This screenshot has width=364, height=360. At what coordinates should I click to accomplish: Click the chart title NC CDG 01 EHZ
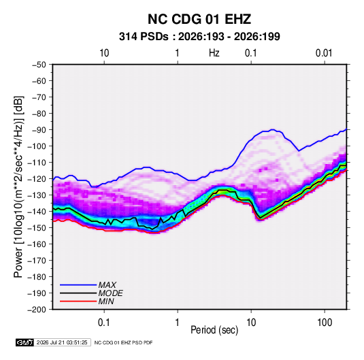[x=199, y=19]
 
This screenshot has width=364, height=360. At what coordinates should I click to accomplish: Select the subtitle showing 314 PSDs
[x=199, y=37]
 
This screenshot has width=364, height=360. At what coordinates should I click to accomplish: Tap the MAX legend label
[x=107, y=285]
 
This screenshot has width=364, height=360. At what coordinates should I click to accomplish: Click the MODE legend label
[x=110, y=293]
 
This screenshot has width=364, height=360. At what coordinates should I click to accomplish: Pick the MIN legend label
[x=106, y=301]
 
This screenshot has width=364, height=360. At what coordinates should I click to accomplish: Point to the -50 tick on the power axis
[x=39, y=65]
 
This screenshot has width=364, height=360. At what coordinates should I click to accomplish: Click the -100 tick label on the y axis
[x=37, y=146]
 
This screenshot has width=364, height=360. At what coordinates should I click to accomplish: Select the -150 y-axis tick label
[x=37, y=228]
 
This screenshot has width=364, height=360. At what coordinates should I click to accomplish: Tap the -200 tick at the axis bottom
[x=37, y=310]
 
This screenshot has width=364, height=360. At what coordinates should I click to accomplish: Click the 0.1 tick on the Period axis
[x=104, y=323]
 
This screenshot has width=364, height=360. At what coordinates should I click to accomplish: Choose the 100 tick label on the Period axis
[x=325, y=323]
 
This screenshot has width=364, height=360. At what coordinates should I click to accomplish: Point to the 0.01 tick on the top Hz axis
[x=324, y=53]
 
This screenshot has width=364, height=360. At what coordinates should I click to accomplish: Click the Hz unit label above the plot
[x=214, y=53]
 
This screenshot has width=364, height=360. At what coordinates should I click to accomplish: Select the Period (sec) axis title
[x=214, y=330]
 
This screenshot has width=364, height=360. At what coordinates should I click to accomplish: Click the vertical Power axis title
[x=18, y=187]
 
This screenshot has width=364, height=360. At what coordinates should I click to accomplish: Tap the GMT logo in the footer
[x=24, y=342]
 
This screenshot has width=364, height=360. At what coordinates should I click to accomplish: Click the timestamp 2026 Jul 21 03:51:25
[x=62, y=342]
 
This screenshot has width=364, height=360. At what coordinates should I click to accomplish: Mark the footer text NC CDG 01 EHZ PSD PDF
[x=124, y=342]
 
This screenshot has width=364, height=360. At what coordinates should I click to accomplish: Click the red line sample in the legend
[x=78, y=301]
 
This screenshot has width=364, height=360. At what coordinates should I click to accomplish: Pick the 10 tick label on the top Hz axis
[x=104, y=53]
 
